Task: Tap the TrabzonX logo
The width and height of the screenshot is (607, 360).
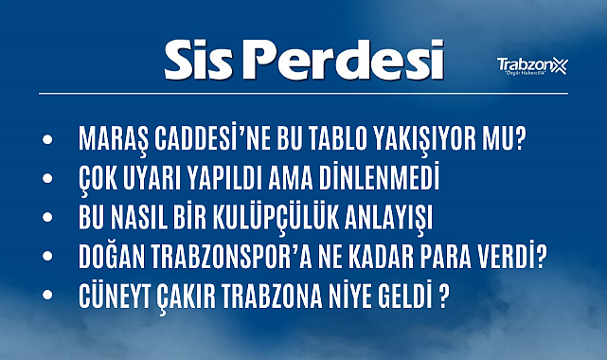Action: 531,65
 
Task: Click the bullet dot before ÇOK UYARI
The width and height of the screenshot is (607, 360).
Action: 48,180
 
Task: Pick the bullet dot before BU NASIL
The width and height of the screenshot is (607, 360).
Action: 48,219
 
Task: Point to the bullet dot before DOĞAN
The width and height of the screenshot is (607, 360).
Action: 48,259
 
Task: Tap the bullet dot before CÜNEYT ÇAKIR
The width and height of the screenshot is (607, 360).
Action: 48,297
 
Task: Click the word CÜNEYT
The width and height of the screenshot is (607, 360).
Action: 115,297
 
